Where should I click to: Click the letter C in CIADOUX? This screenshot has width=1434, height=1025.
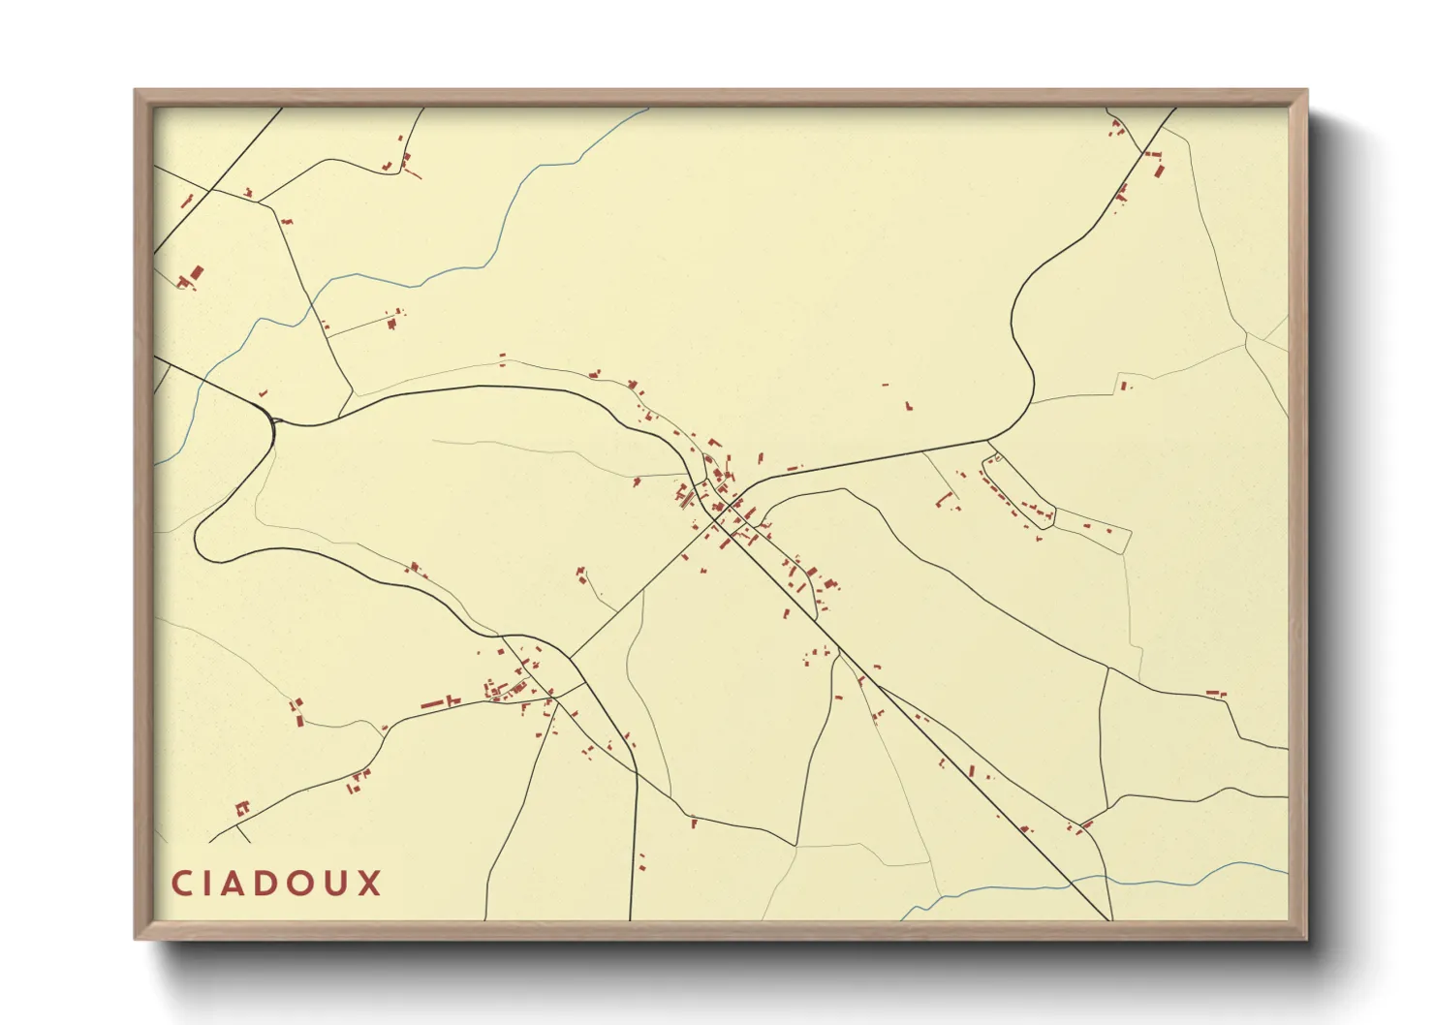tap(181, 884)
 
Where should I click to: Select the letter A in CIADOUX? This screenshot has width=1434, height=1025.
tap(239, 884)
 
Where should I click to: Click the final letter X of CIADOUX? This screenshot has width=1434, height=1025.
tap(370, 884)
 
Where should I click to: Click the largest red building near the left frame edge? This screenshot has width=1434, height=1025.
tap(197, 273)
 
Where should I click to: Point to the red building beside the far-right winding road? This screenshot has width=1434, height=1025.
tap(1214, 693)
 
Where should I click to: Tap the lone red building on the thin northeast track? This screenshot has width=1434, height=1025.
tap(1124, 386)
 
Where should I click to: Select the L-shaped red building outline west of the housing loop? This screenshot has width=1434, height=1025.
tap(945, 501)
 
